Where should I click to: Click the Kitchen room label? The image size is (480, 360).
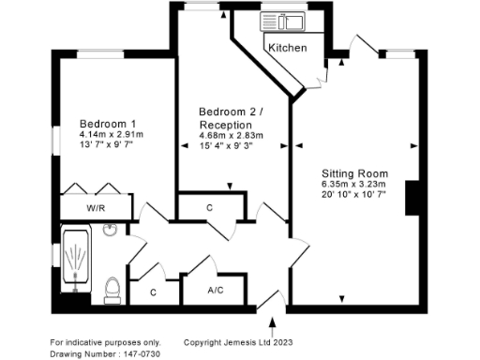pos(287,48)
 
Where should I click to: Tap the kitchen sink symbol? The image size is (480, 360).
pos(282,20)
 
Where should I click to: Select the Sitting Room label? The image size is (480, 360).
pos(355,173)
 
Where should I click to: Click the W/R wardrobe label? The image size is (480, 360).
pos(96,208)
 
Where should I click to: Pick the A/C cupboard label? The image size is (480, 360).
pos(215,292)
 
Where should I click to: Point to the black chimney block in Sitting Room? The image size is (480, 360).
pos(411,198)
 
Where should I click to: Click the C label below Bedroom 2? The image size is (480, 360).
pos(210,207)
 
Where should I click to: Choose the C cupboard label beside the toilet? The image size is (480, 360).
pos(154,292)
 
